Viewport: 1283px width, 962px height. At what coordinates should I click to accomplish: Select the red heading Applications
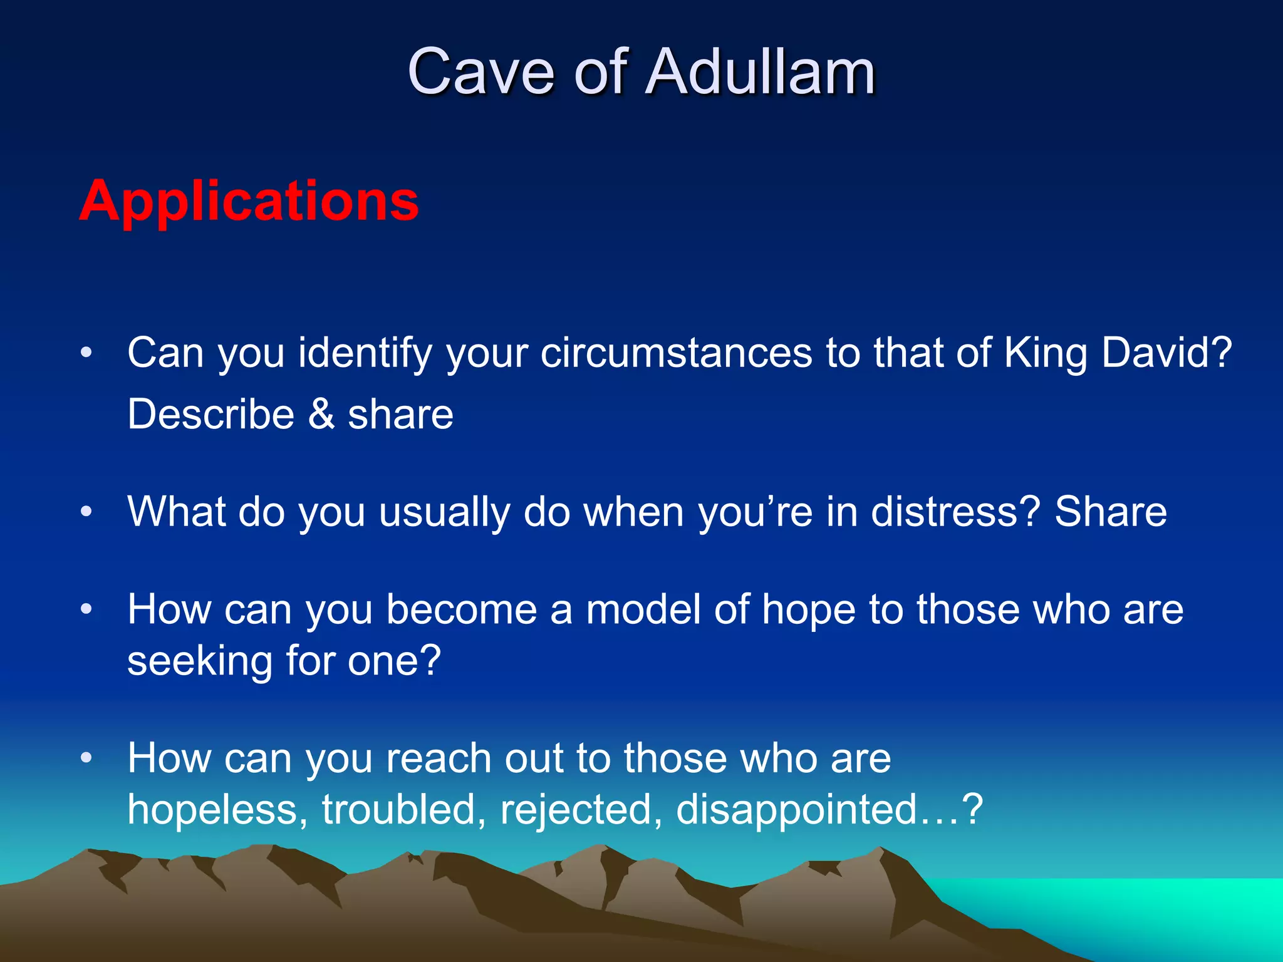[249, 201]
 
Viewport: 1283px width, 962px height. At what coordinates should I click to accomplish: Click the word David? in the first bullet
[1166, 352]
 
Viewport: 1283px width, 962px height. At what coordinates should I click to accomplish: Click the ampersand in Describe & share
[321, 414]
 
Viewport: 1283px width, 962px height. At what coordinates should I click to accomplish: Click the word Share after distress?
[1110, 512]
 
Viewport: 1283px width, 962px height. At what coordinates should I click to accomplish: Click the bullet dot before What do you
[86, 512]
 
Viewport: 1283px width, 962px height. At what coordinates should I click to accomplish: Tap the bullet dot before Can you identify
[86, 353]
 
